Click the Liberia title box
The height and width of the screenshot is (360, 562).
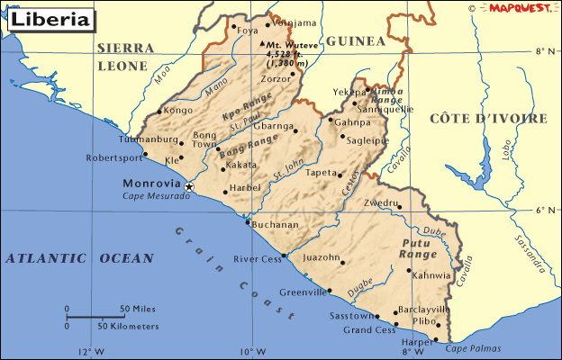pyautogui.click(x=50, y=19)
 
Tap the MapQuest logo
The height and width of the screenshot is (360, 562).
pyautogui.click(x=517, y=8)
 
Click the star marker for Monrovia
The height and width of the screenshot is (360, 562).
pyautogui.click(x=189, y=186)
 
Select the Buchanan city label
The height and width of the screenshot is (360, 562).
pyautogui.click(x=276, y=225)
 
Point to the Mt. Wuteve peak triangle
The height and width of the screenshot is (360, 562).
pyautogui.click(x=262, y=43)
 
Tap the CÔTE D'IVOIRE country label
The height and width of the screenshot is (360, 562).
pyautogui.click(x=488, y=119)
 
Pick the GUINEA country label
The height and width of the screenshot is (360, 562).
pyautogui.click(x=355, y=41)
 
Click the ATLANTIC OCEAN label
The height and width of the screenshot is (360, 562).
pyautogui.click(x=79, y=258)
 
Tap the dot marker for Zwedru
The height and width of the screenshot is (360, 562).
pyautogui.click(x=400, y=207)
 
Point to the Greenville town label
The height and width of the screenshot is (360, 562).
pyautogui.click(x=303, y=292)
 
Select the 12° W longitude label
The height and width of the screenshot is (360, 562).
pyautogui.click(x=90, y=352)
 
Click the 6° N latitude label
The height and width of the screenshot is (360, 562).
pyautogui.click(x=544, y=211)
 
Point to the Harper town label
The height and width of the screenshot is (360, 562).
pyautogui.click(x=417, y=342)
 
